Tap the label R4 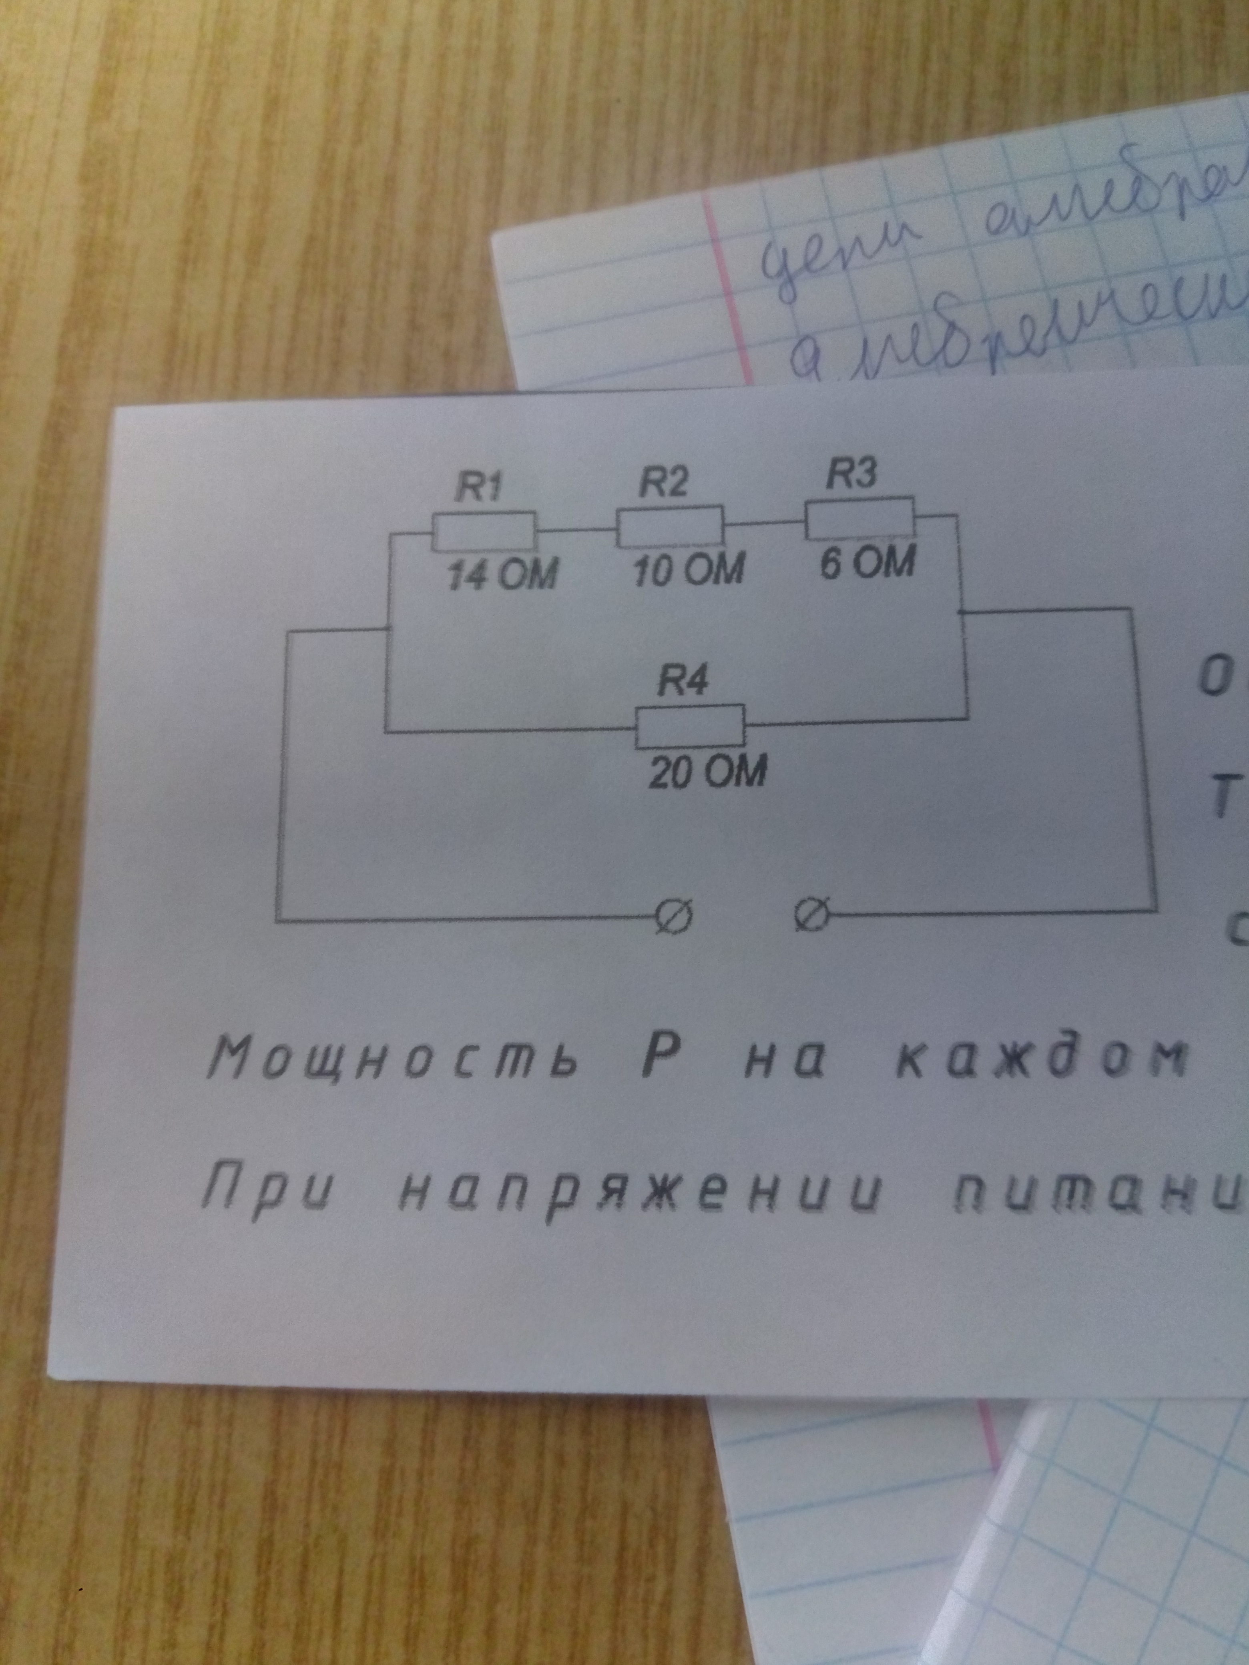(682, 682)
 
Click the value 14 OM (502, 577)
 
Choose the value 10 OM (688, 571)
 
